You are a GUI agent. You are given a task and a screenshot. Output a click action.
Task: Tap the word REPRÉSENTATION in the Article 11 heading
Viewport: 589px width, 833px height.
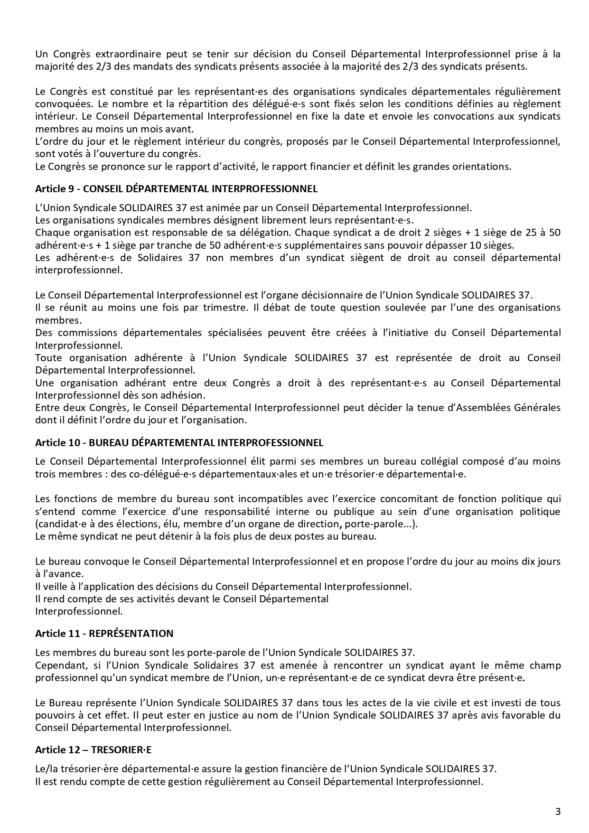tap(131, 634)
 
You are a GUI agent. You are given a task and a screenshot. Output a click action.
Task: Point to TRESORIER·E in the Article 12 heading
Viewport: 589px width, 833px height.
tap(121, 750)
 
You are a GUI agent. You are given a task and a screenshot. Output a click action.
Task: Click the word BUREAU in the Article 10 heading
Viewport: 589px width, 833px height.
tap(104, 443)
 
